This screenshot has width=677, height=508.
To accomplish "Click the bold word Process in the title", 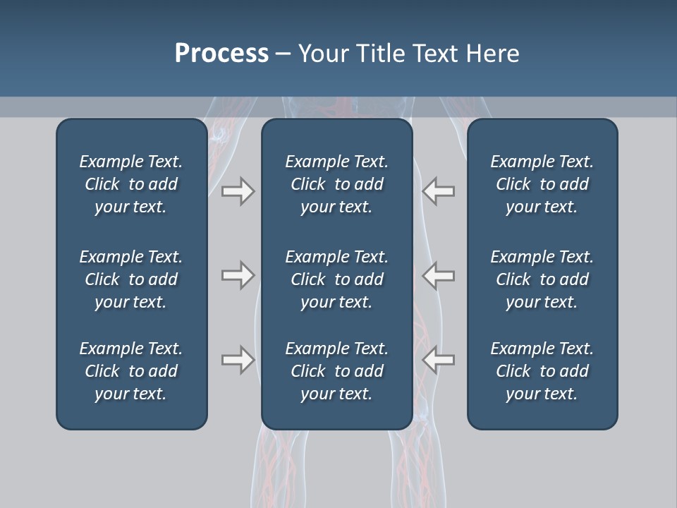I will pyautogui.click(x=221, y=54).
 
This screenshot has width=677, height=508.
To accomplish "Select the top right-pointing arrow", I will pyautogui.click(x=238, y=191).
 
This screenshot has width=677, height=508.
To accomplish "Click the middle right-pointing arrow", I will pyautogui.click(x=238, y=275).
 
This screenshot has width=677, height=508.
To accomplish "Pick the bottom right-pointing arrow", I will pyautogui.click(x=238, y=360).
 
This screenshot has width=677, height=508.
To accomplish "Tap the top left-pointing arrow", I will pyautogui.click(x=438, y=191).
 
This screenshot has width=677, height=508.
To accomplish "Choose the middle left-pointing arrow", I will pyautogui.click(x=438, y=275).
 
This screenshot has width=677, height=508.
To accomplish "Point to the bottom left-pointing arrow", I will pyautogui.click(x=438, y=360).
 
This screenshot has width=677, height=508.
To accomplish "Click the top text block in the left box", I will pyautogui.click(x=131, y=184).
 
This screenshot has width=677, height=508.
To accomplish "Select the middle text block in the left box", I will pyautogui.click(x=131, y=279).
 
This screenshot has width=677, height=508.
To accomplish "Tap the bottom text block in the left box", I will pyautogui.click(x=131, y=371).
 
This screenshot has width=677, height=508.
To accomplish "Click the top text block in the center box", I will pyautogui.click(x=336, y=184).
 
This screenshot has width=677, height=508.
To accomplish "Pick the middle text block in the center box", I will pyautogui.click(x=336, y=279).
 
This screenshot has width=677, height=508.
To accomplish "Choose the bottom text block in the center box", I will pyautogui.click(x=336, y=371).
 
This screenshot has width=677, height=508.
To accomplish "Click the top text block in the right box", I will pyautogui.click(x=542, y=184).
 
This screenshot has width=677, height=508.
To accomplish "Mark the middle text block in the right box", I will pyautogui.click(x=542, y=279).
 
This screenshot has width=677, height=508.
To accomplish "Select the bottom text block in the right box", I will pyautogui.click(x=542, y=371).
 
